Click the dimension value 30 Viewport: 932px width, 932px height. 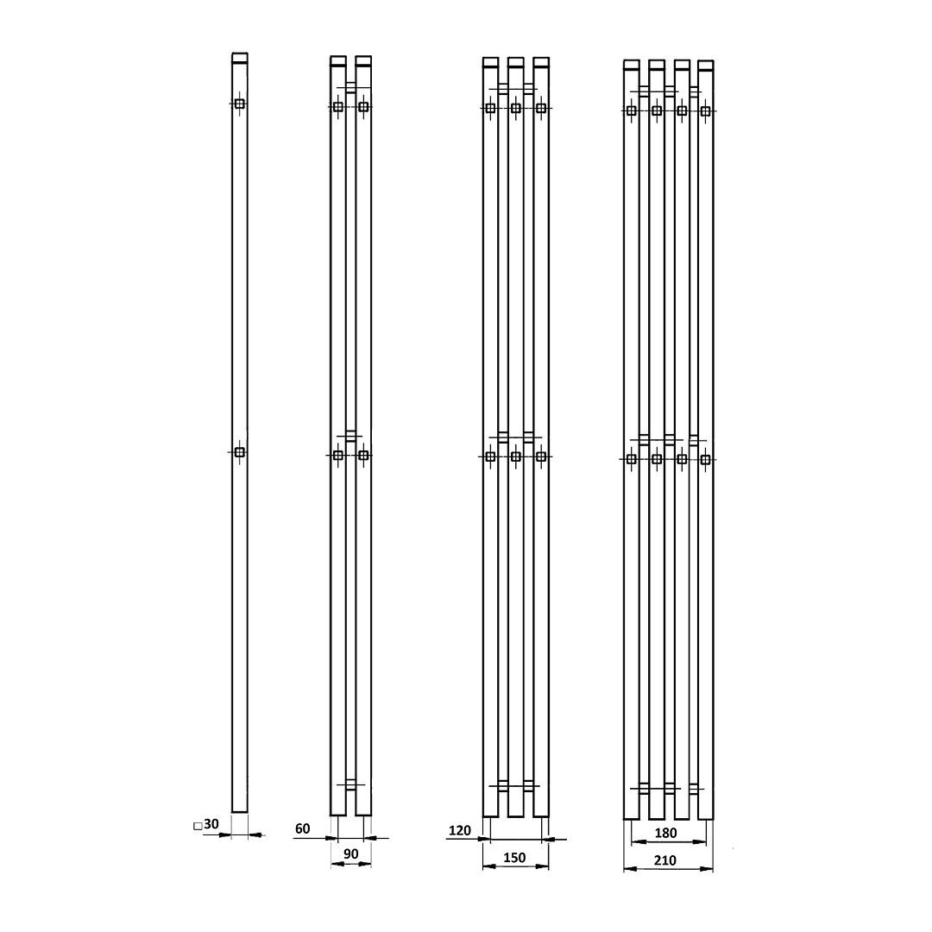(211, 824)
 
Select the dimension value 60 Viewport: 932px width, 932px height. (303, 828)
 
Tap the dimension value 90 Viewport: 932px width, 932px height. (351, 854)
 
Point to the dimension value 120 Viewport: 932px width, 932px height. (460, 830)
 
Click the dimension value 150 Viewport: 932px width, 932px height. (514, 858)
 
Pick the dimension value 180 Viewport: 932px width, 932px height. (665, 834)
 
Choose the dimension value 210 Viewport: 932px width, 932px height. (665, 860)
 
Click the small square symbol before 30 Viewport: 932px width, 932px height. (198, 826)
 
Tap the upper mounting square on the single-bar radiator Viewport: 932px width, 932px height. (240, 104)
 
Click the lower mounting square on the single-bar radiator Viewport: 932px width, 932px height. (240, 452)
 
